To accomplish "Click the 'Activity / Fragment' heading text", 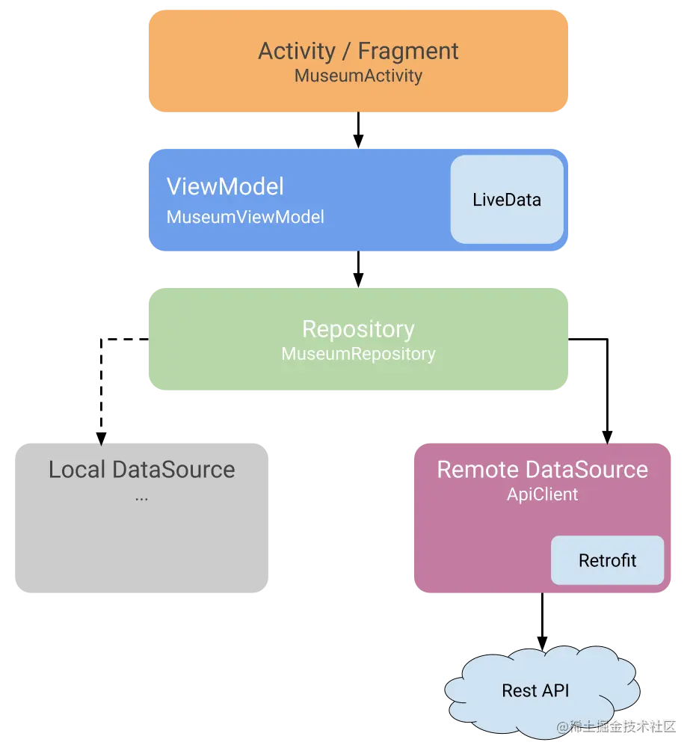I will [358, 51].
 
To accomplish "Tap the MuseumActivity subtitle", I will [358, 76].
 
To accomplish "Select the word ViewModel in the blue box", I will [225, 186].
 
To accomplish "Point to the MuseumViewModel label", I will [245, 217].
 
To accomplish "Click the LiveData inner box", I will [507, 200].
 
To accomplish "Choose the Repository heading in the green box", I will [358, 329].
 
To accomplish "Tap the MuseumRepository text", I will [358, 354].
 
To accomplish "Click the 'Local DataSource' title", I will [141, 469].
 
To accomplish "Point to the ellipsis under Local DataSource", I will [141, 497].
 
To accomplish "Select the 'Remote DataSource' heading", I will [542, 469].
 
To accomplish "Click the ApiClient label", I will [542, 494].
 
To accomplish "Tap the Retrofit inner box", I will [607, 560].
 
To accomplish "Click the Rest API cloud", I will [535, 690].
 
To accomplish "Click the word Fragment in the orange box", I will [408, 51].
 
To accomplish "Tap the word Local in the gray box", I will [77, 469].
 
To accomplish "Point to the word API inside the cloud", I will [556, 690].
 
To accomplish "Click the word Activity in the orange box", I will [297, 51].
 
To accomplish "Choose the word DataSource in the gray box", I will [173, 469].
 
